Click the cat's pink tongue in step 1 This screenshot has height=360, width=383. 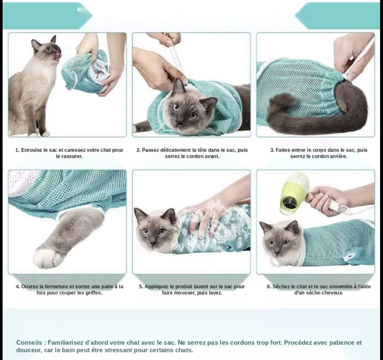tap(58, 55)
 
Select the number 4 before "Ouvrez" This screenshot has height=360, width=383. tap(17, 286)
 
